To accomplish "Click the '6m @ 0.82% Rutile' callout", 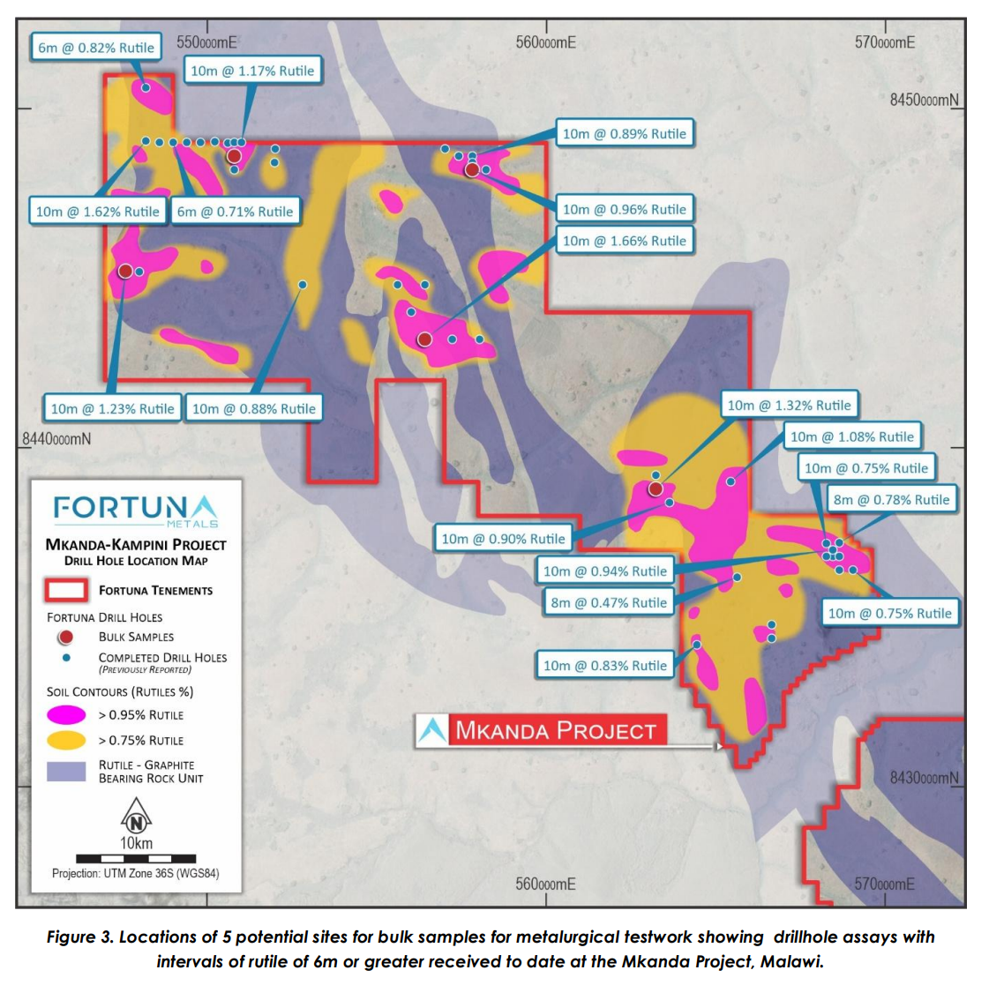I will [x=96, y=48].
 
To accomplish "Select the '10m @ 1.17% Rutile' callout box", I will [x=252, y=71].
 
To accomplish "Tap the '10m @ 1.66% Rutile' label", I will [x=624, y=241].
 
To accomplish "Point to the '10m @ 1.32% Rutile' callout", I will [x=789, y=406].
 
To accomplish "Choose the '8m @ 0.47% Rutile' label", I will [x=609, y=602].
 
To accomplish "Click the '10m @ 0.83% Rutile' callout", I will [x=604, y=666].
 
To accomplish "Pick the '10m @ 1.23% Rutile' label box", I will [x=112, y=408].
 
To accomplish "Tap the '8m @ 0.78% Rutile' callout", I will [x=891, y=500].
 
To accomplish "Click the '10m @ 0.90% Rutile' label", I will [x=503, y=539].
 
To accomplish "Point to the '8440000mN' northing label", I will [x=56, y=438].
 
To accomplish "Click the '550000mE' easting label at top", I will [x=206, y=41].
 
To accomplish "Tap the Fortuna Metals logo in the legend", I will [x=135, y=510].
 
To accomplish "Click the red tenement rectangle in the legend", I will [x=66, y=590].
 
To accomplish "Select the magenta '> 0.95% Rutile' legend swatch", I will [x=66, y=714].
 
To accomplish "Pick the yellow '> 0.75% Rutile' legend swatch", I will [x=66, y=740].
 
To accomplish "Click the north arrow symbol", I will [x=136, y=816].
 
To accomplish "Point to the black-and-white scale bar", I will [x=136, y=858].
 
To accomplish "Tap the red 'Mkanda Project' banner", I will [x=556, y=730].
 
